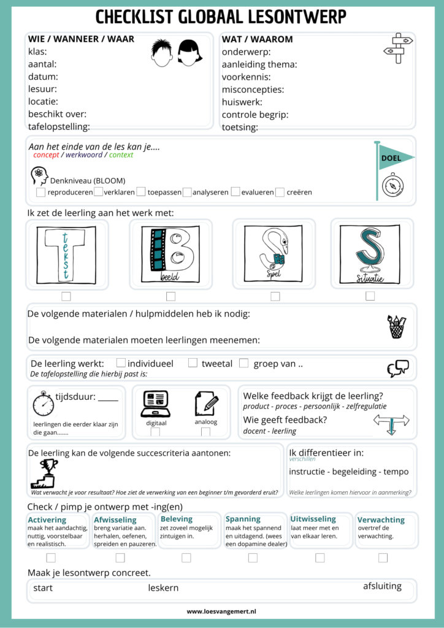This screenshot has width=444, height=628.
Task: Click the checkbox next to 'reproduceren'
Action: pos(40,192)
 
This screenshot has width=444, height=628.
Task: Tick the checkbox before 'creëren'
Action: pos(280,192)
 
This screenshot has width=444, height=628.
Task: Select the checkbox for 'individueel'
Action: pos(121,363)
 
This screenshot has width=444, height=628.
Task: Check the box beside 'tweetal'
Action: pos(193,363)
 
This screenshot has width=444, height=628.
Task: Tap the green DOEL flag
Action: pos(395,158)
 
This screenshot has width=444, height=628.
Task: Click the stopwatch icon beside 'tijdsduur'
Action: pos(43,403)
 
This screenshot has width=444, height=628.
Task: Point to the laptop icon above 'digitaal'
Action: pos(155,404)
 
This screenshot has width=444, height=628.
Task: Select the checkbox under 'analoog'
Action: pos(205,432)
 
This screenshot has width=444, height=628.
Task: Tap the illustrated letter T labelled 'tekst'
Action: pos(66,254)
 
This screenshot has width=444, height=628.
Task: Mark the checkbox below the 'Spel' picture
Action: pos(275,296)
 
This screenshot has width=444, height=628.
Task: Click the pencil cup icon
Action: pos(396,326)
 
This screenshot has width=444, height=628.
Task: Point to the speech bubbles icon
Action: pos(397,368)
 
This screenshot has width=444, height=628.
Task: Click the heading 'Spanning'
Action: pos(243,519)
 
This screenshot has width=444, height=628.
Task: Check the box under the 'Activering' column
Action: pos(51,557)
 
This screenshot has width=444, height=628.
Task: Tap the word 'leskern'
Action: pos(163,588)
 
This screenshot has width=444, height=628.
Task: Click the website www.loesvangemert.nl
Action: pos(221,611)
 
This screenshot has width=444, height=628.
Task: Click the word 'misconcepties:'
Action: pos(253,90)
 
